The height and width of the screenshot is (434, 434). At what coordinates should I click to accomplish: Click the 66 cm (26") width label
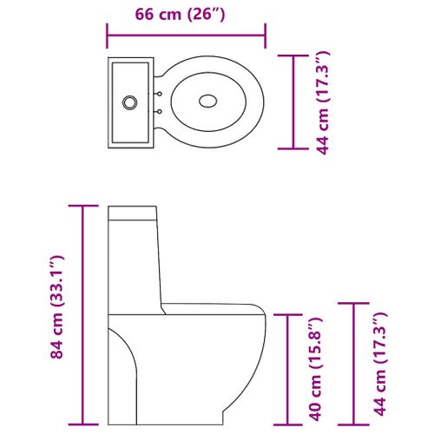tap(185, 14)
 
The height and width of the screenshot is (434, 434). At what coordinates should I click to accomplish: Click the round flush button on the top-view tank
tap(129, 101)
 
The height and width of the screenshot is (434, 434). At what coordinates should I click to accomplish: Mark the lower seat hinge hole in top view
tap(159, 111)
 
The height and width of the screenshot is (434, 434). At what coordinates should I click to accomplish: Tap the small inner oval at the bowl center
tap(209, 101)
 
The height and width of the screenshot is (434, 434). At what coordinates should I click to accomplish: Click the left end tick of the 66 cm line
tap(107, 36)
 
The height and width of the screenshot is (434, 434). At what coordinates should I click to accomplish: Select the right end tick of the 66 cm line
tap(265, 36)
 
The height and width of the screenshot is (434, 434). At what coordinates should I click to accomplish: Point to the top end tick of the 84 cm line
tap(83, 206)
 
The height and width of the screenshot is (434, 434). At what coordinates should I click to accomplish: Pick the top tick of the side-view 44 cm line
tap(352, 303)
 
